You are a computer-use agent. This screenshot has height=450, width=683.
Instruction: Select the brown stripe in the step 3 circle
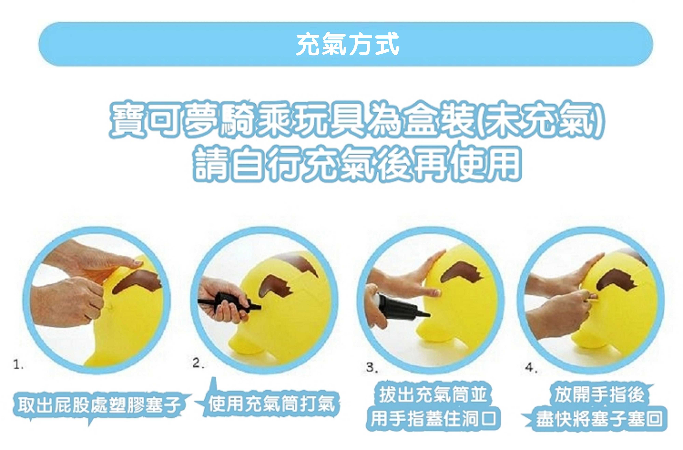459,271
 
